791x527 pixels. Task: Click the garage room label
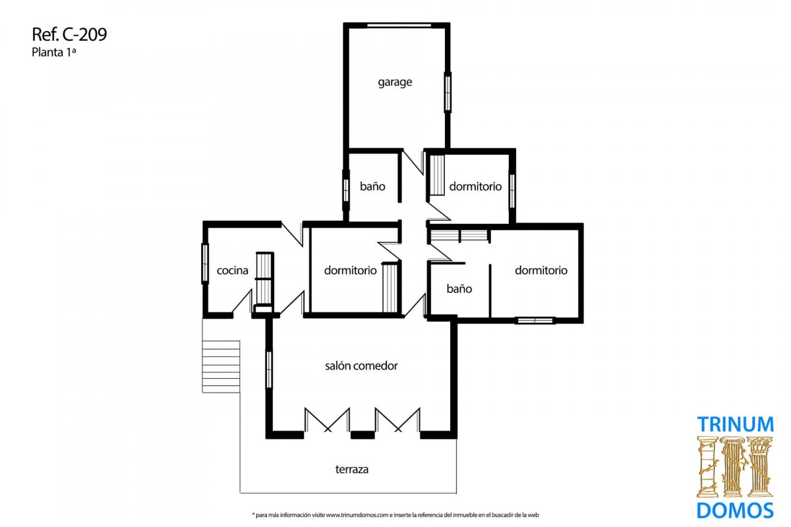click(395, 82)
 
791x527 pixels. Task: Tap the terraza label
click(352, 469)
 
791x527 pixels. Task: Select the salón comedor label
click(361, 366)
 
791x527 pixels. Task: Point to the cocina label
click(232, 270)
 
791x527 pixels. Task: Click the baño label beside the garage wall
click(372, 186)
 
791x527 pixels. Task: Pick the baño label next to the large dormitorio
click(459, 289)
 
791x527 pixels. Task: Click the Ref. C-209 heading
click(69, 35)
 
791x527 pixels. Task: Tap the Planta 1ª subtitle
click(53, 52)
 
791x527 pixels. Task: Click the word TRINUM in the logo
click(735, 424)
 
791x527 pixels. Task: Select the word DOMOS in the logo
click(735, 511)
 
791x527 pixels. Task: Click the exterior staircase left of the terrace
click(221, 366)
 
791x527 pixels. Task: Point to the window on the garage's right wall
click(448, 92)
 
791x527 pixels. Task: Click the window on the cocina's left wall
click(205, 263)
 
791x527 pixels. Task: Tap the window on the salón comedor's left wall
click(269, 370)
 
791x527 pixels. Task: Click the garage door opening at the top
click(399, 25)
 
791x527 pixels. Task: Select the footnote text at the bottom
click(395, 515)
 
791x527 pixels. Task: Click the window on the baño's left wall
click(346, 190)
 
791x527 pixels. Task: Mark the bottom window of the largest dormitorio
click(535, 320)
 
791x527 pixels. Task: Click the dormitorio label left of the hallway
click(350, 270)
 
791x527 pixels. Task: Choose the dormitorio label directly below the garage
click(475, 186)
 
